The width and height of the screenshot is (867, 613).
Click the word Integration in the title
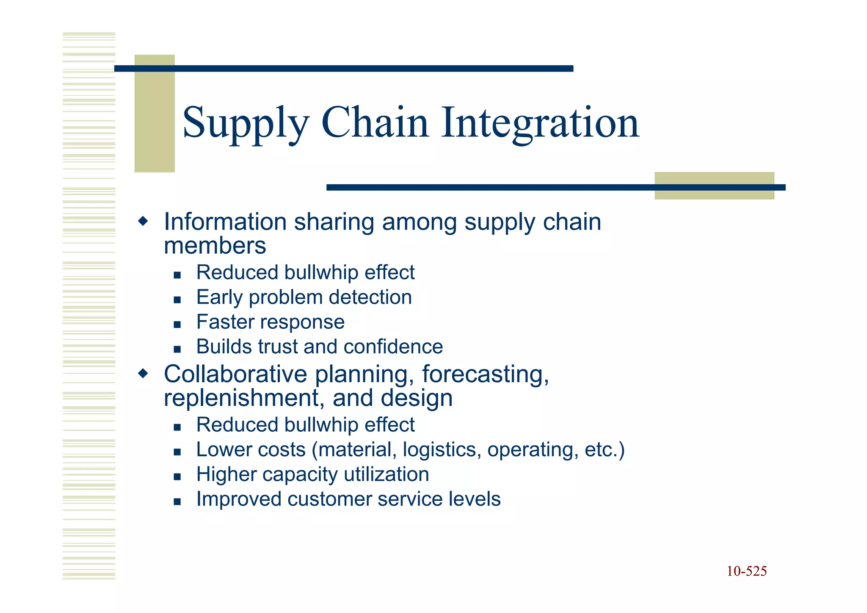(540, 123)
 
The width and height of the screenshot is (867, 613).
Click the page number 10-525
(746, 571)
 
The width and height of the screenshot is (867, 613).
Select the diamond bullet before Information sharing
(144, 221)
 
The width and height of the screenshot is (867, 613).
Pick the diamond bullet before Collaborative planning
(144, 373)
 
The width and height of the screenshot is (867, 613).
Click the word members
(215, 246)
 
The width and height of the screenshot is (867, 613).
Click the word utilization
(386, 474)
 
